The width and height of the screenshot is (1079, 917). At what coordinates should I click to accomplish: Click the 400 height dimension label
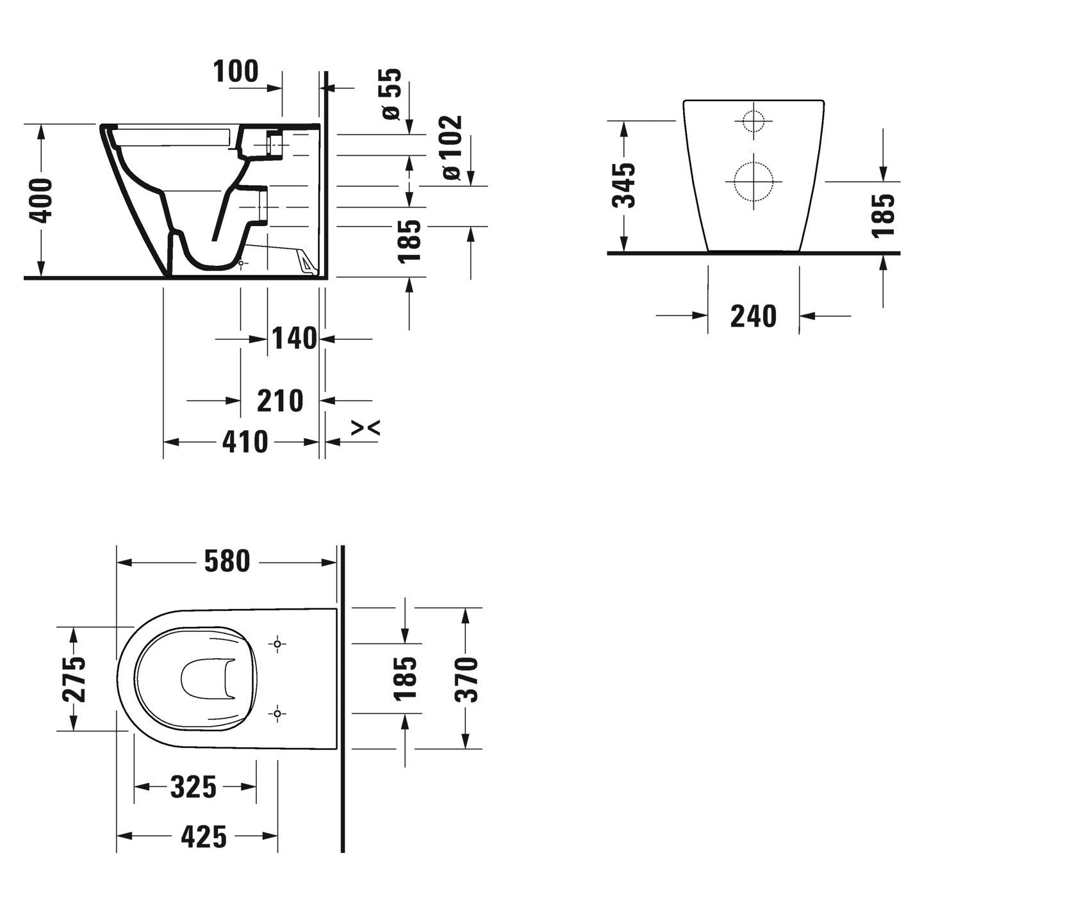pos(42,200)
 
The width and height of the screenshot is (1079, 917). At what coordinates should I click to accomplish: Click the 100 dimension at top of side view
pos(236,71)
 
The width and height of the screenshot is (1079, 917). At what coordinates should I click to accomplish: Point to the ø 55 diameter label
pos(391,94)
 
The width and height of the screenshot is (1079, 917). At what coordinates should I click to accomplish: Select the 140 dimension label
pos(294,338)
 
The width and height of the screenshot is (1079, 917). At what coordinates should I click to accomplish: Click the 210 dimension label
pos(280,401)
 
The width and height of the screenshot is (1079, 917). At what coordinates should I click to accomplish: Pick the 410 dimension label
pos(244,442)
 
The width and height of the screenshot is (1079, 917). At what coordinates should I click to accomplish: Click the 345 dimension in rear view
pos(623,186)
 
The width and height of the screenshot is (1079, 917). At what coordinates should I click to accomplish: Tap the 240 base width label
pos(753,316)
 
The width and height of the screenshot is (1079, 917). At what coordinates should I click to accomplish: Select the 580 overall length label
pos(227,562)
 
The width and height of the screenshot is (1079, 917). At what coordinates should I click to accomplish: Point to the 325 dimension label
pos(194,786)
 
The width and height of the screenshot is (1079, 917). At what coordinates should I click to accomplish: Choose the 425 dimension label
pos(204,836)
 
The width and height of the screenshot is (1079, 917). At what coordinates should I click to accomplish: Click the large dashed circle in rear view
pos(754,181)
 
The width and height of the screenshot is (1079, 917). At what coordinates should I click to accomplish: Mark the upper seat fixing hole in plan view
pos(277,643)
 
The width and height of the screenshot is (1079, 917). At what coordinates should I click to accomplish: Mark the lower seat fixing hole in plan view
pos(277,713)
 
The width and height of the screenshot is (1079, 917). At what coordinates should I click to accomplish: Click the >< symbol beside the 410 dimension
pos(366,428)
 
